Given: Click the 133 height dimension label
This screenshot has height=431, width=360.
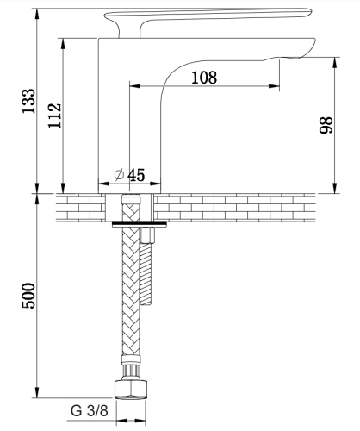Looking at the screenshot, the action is tap(28, 101).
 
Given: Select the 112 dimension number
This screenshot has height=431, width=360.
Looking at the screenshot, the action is tap(54, 116).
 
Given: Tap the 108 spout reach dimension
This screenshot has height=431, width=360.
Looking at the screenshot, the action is tap(204, 78).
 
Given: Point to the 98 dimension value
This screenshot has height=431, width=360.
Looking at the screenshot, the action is tap(326, 125).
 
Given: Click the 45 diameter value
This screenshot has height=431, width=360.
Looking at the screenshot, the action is tap(136, 175).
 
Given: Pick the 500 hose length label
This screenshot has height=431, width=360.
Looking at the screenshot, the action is tap(28, 296).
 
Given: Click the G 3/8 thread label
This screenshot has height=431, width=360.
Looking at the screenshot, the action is tap(90, 410).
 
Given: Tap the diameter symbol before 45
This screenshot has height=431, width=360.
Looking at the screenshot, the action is tap(119, 175).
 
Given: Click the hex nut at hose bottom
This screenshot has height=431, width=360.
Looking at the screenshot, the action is tap(131, 390).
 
